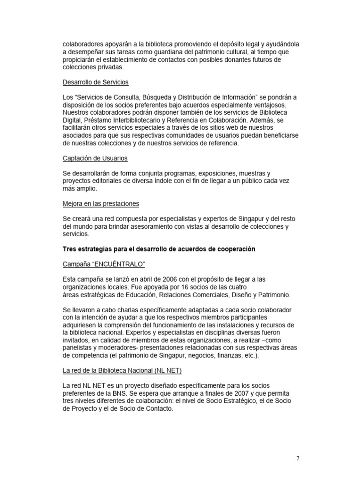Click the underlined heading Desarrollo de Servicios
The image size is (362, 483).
pyautogui.click(x=95, y=82)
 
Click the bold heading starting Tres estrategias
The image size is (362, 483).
pyautogui.click(x=159, y=249)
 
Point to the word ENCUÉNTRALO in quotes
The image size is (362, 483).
pyautogui.click(x=113, y=265)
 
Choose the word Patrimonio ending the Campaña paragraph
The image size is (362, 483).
pyautogui.click(x=274, y=295)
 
